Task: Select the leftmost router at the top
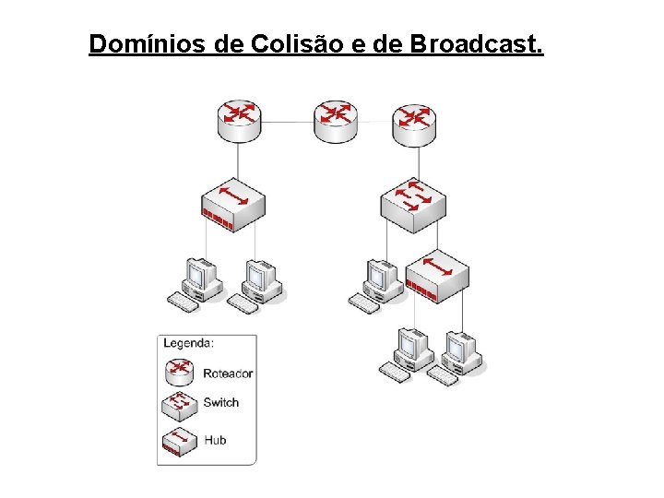240,121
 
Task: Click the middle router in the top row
335,121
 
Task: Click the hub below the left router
233,204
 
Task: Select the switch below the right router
413,204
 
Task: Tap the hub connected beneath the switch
437,275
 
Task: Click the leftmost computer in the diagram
196,283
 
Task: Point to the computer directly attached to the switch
375,283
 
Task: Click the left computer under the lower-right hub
407,351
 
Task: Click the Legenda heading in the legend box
188,343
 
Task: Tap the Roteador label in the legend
227,373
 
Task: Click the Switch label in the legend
220,402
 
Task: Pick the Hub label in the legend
214,440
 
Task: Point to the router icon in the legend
179,371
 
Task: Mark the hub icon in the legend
179,442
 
